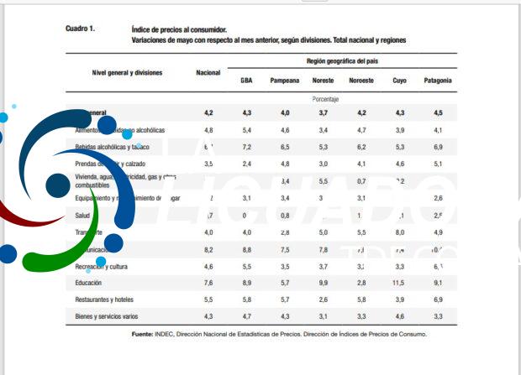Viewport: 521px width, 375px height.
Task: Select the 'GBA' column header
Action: coord(246,81)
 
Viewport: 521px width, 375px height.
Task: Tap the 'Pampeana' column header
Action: coord(285,81)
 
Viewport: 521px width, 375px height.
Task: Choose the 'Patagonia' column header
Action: coord(438,81)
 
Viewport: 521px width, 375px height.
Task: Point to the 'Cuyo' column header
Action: coord(399,81)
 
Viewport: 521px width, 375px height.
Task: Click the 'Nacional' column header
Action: coord(208,73)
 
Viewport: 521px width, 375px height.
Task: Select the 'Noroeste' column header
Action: coord(361,81)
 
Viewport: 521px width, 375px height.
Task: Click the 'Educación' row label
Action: coord(88,283)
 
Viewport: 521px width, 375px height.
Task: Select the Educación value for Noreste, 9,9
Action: coord(323,283)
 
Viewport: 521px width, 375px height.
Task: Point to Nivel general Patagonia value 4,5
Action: coord(438,112)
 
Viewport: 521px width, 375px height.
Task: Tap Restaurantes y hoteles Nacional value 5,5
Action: coord(208,299)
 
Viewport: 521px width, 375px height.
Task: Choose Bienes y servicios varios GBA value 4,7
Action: coord(246,316)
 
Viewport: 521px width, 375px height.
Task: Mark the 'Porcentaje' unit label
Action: coord(324,98)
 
